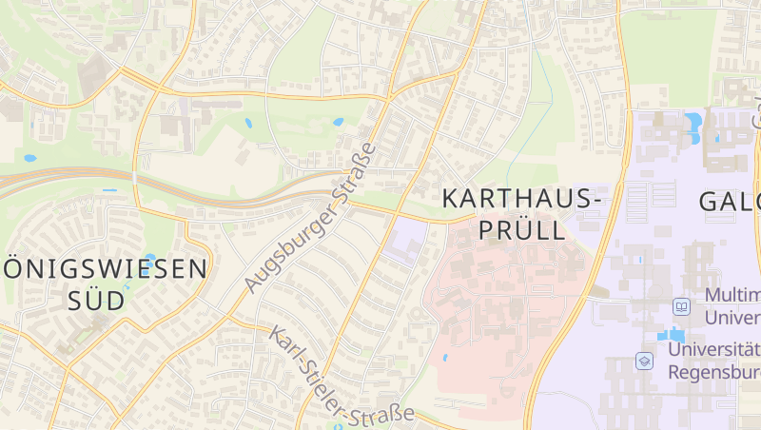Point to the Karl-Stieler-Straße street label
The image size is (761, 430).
click(x=341, y=377)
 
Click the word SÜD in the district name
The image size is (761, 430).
click(x=96, y=301)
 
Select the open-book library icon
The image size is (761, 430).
click(x=681, y=306)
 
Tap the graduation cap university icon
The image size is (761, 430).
click(x=644, y=361)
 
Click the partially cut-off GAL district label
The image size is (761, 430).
click(x=730, y=202)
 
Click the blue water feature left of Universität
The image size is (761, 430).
click(x=670, y=336)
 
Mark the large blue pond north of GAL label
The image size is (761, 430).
click(x=693, y=123)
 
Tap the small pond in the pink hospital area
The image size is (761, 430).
click(x=444, y=358)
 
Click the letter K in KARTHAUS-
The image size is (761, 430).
click(x=452, y=200)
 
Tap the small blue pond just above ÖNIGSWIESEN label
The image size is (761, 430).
click(x=149, y=258)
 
